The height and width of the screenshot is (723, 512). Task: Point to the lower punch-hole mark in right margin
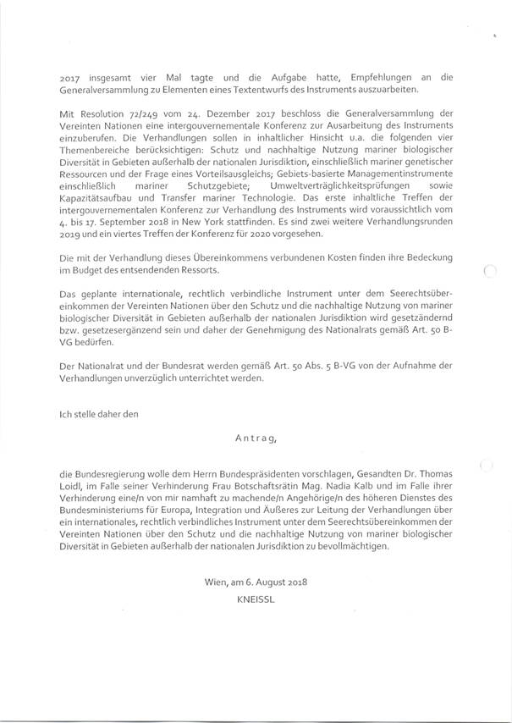484,464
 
